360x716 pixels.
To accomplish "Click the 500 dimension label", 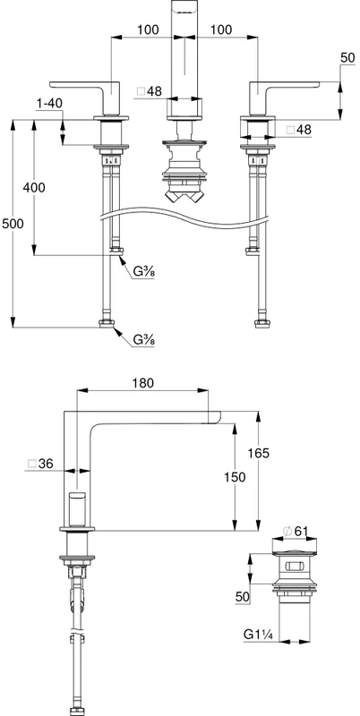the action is [x=13, y=224].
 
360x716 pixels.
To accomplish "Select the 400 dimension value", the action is [x=34, y=187].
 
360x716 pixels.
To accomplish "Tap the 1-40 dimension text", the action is [x=49, y=104].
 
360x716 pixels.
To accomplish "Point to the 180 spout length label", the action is [x=143, y=383].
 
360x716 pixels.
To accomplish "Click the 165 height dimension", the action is [x=258, y=453].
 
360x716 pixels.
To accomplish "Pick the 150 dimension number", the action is [x=235, y=477].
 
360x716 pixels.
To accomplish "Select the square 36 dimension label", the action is [x=40, y=464].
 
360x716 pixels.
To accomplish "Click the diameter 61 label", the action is [x=295, y=531].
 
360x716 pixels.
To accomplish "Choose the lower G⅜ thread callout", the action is [x=144, y=340].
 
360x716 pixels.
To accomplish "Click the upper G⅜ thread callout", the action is [x=144, y=272].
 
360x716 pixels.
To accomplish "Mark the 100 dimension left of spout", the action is [x=148, y=30].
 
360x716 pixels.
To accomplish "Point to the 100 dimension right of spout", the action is [x=221, y=30].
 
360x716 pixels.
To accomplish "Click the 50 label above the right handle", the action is [x=347, y=57].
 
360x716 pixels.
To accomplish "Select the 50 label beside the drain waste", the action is [x=243, y=597].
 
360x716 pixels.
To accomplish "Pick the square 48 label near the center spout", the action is [x=150, y=91].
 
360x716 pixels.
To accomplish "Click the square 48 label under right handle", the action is [x=298, y=130].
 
